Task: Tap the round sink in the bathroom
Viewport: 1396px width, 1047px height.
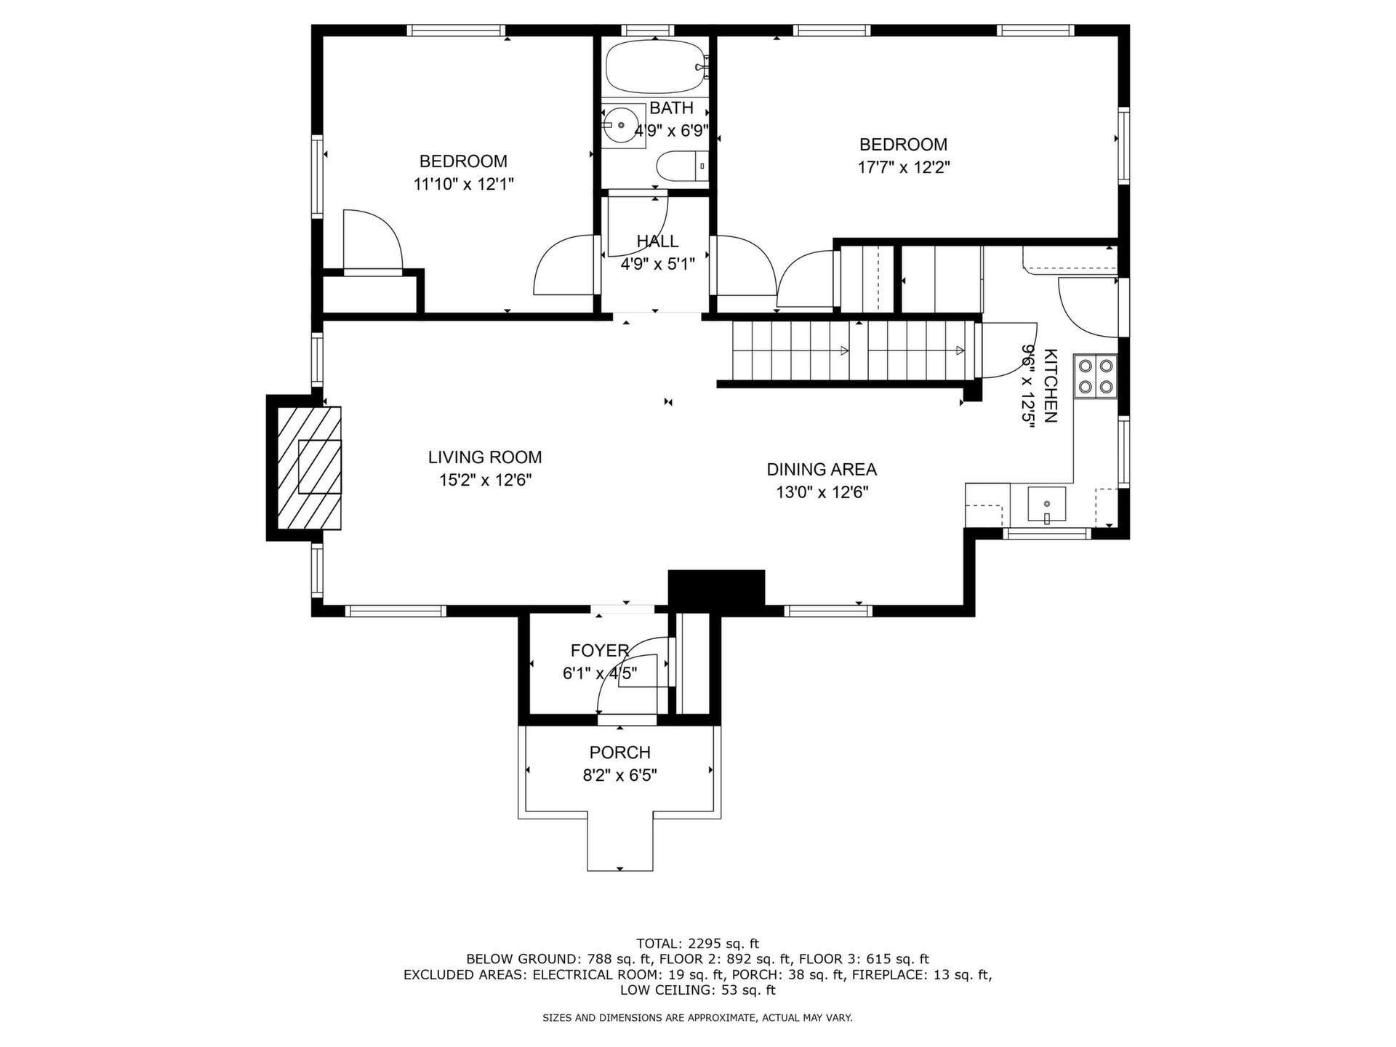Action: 622,125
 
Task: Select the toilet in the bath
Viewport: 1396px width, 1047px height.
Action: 682,166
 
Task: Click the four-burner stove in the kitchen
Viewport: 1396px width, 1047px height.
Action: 1096,376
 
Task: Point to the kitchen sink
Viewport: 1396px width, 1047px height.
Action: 1046,505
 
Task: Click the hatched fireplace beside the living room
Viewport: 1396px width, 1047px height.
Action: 309,468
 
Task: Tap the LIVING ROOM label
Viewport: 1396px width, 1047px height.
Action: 485,457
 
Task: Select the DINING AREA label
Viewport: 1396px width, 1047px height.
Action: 822,469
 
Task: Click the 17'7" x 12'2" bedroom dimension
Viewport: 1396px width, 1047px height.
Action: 904,167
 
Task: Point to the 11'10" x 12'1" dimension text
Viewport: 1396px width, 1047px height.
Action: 464,184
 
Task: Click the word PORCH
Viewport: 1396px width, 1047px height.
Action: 620,753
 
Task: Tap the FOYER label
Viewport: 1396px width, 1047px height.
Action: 600,651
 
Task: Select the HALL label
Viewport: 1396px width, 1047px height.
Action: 658,241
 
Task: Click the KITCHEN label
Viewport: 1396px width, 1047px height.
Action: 1051,385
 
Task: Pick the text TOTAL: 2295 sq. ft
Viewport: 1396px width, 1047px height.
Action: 698,944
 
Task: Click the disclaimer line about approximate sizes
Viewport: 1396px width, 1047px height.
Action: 698,1018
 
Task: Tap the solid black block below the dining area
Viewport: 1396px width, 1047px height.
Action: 716,587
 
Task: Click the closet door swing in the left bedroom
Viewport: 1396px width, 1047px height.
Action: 373,239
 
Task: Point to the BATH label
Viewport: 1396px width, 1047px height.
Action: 671,108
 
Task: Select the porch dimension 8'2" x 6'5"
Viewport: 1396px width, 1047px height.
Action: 620,776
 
